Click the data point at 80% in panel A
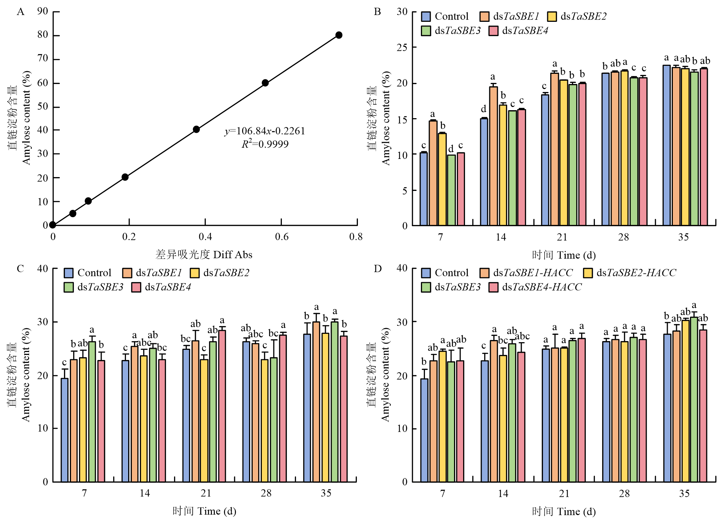click(x=339, y=35)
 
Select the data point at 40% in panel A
click(x=196, y=129)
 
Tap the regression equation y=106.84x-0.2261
click(x=265, y=131)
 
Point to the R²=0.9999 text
click(x=265, y=144)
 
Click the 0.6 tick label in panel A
click(x=281, y=237)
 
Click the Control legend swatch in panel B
click(x=426, y=17)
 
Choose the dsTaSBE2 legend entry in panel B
click(x=583, y=17)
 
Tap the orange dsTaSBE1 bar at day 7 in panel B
click(x=433, y=173)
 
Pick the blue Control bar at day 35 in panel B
click(x=666, y=145)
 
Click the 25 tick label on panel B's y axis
click(x=402, y=48)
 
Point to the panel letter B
click(x=378, y=12)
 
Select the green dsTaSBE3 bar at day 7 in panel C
click(x=92, y=412)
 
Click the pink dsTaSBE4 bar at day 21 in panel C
click(x=222, y=406)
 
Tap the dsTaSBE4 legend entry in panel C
click(x=167, y=287)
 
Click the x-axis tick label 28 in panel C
click(x=266, y=493)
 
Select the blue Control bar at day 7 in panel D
click(x=424, y=430)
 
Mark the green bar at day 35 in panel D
click(x=694, y=399)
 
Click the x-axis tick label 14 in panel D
click(x=503, y=494)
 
